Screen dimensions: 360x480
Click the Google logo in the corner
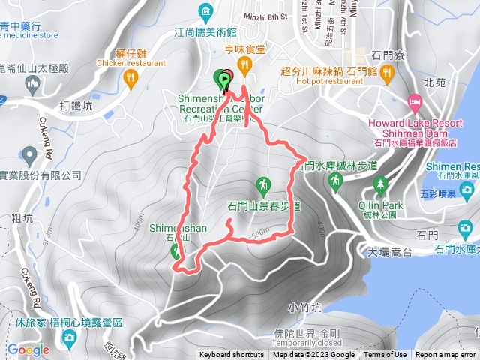28,349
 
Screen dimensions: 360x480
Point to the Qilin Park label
381,205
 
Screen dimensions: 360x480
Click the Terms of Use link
385,355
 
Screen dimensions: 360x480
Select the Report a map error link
445,355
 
